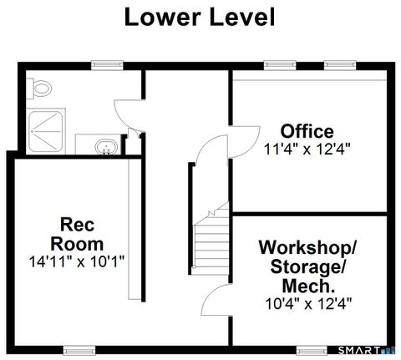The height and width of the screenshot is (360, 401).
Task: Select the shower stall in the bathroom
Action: click(x=47, y=130)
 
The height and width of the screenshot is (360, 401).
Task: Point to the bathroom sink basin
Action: click(x=105, y=148)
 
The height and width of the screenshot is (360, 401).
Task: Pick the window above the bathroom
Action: click(x=104, y=64)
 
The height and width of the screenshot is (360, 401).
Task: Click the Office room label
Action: click(x=307, y=131)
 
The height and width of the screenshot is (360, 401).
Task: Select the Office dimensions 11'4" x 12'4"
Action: click(x=307, y=150)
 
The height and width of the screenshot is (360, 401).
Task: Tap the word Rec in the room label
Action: click(x=70, y=225)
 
